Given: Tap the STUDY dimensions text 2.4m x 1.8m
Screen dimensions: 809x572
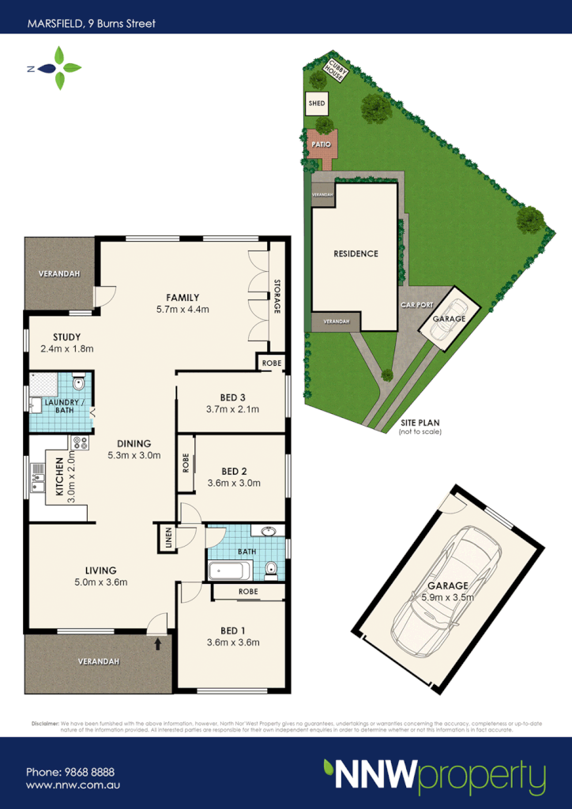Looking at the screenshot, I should [x=67, y=348].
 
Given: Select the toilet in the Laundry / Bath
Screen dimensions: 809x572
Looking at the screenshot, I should [x=77, y=384].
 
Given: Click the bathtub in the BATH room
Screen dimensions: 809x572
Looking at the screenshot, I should [x=230, y=570].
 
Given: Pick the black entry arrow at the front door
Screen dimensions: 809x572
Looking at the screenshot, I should [x=157, y=643].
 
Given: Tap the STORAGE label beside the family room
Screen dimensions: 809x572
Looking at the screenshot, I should [x=277, y=297].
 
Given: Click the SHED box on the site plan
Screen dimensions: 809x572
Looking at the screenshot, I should [x=317, y=103].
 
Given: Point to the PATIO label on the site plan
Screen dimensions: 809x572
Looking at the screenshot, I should [x=321, y=145].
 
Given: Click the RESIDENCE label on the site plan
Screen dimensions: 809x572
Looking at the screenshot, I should [x=356, y=254].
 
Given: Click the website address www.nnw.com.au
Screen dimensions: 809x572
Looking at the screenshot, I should [x=73, y=785].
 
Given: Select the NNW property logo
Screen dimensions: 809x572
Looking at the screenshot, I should [x=434, y=777].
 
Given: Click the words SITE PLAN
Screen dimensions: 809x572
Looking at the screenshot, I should [x=420, y=423].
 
